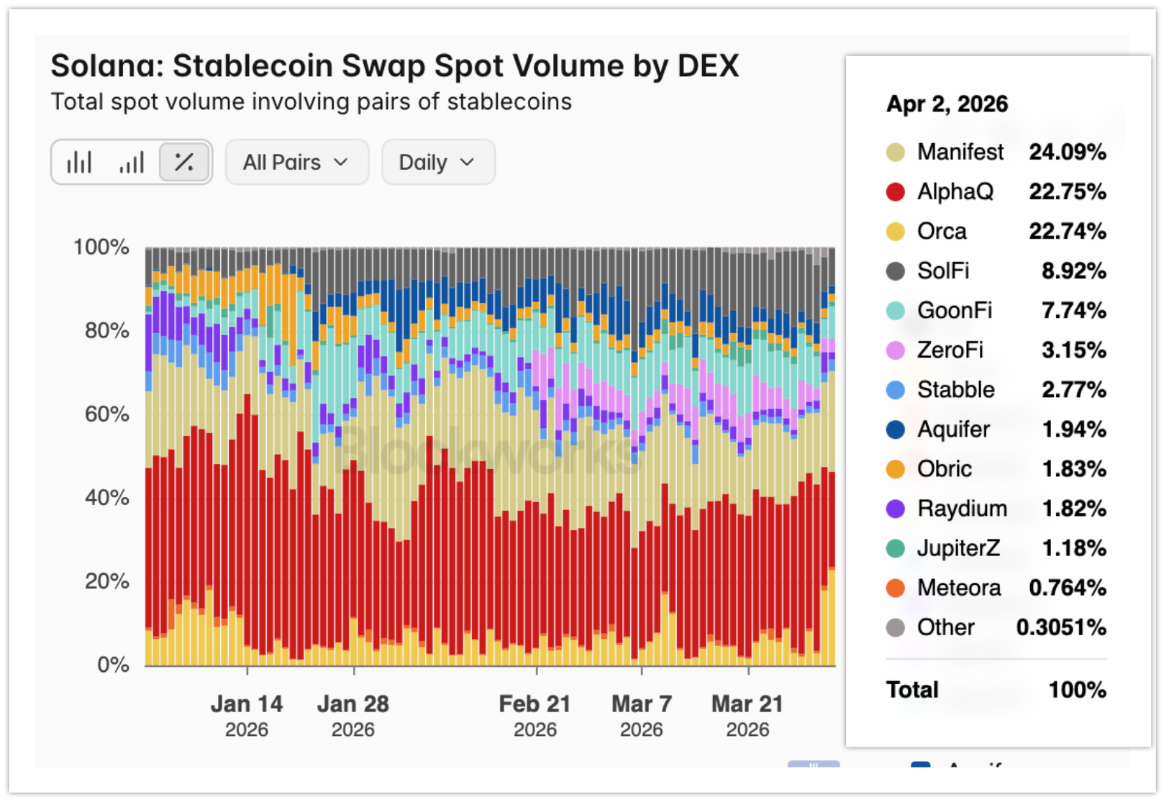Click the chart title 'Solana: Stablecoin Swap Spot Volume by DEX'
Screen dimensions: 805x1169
tap(394, 66)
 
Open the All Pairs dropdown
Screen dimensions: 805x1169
tap(296, 163)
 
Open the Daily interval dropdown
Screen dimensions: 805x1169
tap(437, 163)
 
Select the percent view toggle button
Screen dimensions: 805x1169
tap(184, 163)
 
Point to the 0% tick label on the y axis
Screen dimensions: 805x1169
tap(113, 664)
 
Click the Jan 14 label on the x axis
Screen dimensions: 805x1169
tap(246, 704)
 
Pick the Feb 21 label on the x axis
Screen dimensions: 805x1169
tap(535, 704)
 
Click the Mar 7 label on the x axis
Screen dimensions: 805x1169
tap(641, 704)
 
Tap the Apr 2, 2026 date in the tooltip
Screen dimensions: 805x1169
tap(947, 104)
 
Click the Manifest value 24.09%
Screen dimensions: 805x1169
tap(1067, 153)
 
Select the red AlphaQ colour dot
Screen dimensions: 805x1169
tap(895, 192)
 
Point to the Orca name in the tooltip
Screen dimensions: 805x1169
tap(942, 232)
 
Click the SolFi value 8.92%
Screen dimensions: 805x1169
tap(1073, 271)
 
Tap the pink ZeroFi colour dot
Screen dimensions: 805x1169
tap(895, 350)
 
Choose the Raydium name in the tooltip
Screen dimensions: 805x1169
tap(962, 509)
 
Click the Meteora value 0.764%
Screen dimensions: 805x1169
tap(1067, 588)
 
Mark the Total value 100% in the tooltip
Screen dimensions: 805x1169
tap(1077, 690)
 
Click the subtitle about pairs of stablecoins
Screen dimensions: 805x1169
tap(311, 102)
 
